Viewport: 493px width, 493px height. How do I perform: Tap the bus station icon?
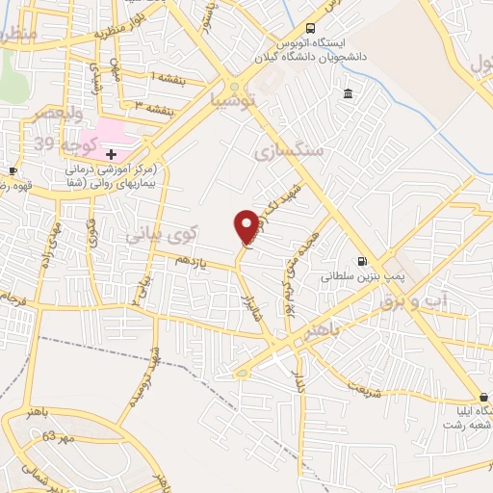coord(310,29)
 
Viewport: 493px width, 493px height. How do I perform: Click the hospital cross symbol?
coord(112,154)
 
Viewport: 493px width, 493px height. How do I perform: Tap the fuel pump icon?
coord(362,260)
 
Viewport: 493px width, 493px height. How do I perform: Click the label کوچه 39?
coord(58,143)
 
